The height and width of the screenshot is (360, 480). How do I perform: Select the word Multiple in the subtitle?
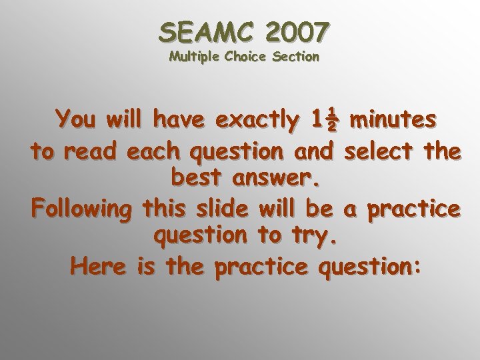click(193, 57)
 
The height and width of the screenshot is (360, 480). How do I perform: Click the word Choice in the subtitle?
click(246, 57)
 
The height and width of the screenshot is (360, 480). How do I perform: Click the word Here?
click(99, 267)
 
